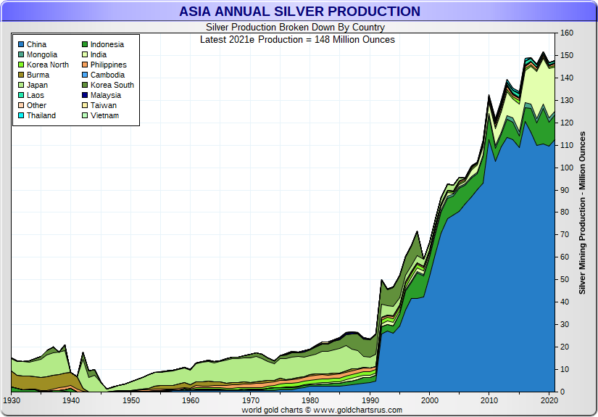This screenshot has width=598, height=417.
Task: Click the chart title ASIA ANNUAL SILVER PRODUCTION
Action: coord(299,12)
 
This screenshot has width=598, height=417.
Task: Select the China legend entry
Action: coord(36,45)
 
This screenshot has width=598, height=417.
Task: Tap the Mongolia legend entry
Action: coord(42,55)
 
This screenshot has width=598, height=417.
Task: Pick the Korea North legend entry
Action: coord(47,65)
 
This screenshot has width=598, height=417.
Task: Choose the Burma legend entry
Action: coord(38,75)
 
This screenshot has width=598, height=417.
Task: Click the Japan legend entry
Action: coord(38,86)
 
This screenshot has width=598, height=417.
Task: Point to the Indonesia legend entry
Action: coord(107,45)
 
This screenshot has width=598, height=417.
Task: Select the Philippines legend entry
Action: coord(108,65)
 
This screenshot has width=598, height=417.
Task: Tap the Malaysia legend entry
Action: coord(106,96)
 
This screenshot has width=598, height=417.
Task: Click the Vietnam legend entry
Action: coord(104,116)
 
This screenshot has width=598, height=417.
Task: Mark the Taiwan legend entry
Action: coord(103,106)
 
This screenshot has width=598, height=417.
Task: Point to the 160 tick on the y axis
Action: coord(567,33)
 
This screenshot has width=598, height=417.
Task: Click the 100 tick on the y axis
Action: coord(567,168)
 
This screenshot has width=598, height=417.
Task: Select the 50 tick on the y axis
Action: coord(565,280)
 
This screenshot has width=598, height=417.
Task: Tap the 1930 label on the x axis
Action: coord(12,400)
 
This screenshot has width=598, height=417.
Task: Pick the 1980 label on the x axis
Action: coord(310,400)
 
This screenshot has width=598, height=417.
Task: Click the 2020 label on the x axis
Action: coord(549,400)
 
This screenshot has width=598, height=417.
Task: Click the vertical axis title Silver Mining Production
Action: coord(582,212)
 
